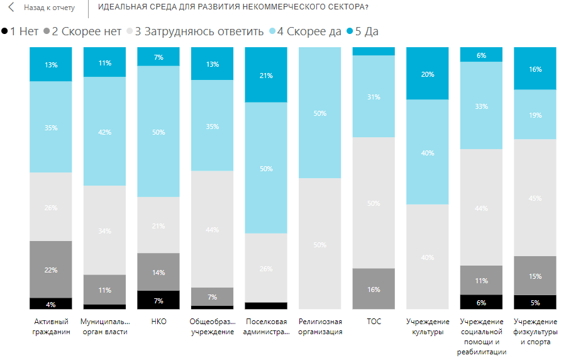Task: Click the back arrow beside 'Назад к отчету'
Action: tap(11, 8)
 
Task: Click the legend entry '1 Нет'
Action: tap(21, 31)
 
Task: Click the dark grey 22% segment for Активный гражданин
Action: tap(51, 269)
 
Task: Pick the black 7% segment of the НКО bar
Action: tap(158, 300)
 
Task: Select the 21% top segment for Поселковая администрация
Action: tap(266, 75)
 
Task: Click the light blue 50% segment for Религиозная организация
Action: tap(319, 113)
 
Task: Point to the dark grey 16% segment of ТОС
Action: tap(374, 288)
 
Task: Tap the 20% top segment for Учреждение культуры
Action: tap(428, 74)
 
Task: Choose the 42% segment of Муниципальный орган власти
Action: tap(104, 132)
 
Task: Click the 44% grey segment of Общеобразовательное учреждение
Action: tap(212, 229)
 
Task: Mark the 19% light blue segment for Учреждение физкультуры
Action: tap(535, 115)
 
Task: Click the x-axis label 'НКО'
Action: tap(158, 321)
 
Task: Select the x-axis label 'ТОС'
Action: tap(374, 321)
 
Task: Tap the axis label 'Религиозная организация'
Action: tap(319, 326)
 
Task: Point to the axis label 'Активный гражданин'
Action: tap(51, 326)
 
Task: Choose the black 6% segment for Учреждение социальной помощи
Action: tap(481, 302)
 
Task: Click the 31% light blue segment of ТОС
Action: tap(374, 96)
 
